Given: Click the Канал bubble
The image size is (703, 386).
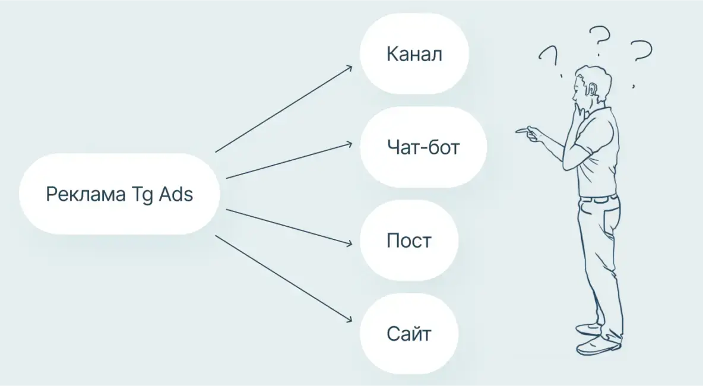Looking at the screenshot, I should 414,54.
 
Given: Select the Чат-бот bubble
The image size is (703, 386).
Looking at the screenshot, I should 423,147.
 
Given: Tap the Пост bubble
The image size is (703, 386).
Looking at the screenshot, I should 409,241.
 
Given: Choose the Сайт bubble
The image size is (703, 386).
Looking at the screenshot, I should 409,333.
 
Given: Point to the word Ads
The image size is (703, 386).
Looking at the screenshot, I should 176,194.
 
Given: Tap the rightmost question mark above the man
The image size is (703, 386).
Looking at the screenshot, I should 641,52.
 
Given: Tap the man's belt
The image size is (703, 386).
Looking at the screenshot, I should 598,198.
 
